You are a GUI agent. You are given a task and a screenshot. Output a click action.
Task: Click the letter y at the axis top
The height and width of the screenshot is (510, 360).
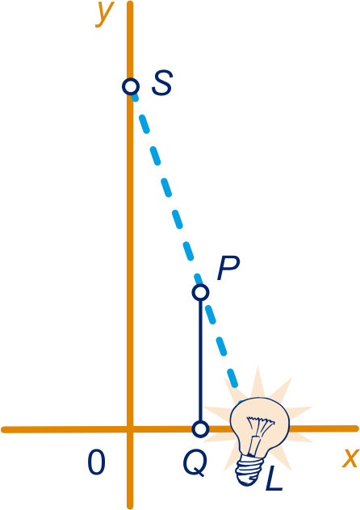click(x=105, y=14)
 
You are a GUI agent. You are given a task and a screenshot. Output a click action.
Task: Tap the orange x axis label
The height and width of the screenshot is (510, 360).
click(x=350, y=458)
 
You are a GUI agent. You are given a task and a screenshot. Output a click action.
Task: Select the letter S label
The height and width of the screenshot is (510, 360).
click(x=162, y=83)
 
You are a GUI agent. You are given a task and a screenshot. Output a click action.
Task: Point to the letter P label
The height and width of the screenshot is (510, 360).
click(x=228, y=268)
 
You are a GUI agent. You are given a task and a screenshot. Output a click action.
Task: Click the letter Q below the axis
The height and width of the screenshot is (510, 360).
click(x=195, y=463)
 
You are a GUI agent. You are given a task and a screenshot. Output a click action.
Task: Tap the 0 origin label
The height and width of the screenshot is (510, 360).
click(x=97, y=462)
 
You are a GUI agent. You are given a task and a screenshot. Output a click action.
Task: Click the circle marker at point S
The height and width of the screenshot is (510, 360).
click(x=131, y=86)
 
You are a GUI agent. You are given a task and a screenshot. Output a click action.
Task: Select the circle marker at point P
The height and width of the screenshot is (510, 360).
click(x=200, y=292)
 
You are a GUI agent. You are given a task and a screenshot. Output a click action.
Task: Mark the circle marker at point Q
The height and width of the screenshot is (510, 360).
click(x=200, y=429)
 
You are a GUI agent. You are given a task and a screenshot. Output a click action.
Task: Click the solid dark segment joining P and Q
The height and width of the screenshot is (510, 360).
click(x=200, y=361)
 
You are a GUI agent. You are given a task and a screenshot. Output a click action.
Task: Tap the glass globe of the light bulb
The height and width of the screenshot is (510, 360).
click(x=260, y=423)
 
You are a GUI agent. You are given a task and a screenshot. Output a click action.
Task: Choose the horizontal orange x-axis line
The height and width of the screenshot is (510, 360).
click(x=180, y=429)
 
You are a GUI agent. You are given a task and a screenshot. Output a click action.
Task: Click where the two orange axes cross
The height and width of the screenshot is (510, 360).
click(x=130, y=429)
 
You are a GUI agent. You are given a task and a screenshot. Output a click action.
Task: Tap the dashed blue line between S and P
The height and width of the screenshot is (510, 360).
click(x=165, y=188)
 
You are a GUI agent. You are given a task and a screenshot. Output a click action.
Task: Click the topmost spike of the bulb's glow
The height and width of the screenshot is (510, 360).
click(x=257, y=367)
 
